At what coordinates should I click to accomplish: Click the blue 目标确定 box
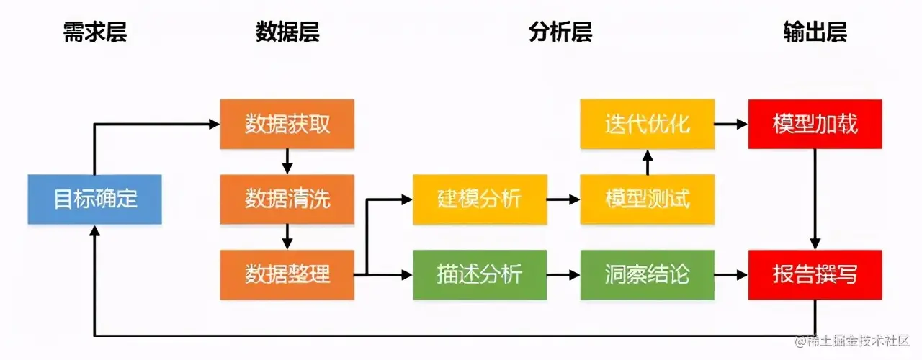coord(94,199)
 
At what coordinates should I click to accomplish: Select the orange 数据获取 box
coord(287,124)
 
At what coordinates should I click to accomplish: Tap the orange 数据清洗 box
coord(287,199)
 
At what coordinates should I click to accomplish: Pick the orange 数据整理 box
coord(287,274)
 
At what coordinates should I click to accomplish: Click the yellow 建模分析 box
coord(479,199)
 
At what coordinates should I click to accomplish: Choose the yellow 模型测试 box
coord(647,199)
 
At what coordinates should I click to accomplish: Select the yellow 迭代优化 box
coord(647,124)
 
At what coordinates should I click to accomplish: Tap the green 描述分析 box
coord(479,274)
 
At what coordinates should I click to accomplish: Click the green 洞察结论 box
coord(647,274)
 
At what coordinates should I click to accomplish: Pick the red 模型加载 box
coord(815,124)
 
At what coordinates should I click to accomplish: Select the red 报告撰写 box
coord(815,274)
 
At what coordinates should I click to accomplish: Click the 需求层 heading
coord(94,32)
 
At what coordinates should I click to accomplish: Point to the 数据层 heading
coord(287,32)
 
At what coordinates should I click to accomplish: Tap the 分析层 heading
coord(560,32)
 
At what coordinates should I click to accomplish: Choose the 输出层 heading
coord(815,32)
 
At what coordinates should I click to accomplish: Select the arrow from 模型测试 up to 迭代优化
coord(647,162)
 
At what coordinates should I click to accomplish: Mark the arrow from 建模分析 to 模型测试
coord(563,199)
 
